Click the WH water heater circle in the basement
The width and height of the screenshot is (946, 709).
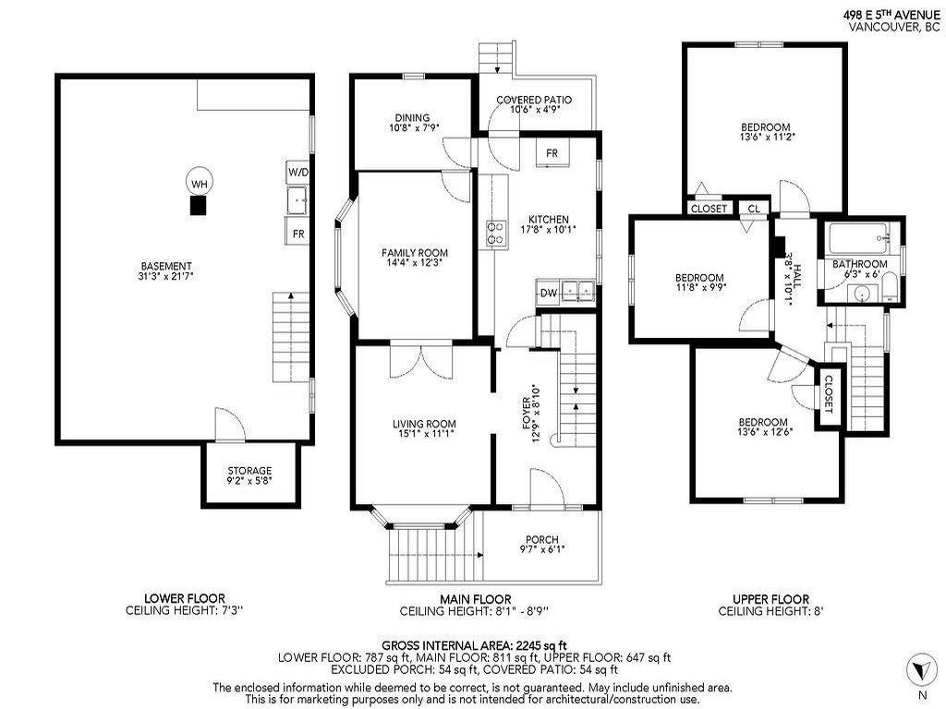198,183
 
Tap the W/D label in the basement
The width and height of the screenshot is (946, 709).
297,172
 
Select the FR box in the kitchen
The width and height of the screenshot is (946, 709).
552,153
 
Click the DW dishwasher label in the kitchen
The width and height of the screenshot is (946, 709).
548,294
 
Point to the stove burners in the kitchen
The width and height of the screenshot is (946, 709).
497,234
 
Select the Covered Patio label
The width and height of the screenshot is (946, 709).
533,100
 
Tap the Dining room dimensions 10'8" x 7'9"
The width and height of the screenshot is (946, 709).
412,128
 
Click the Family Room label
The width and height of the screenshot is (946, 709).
415,253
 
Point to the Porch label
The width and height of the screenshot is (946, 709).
542,540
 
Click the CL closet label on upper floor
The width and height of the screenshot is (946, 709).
754,209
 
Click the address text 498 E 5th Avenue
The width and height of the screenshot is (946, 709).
892,15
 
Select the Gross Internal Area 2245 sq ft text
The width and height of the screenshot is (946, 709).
474,644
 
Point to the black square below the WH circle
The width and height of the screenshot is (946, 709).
197,207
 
